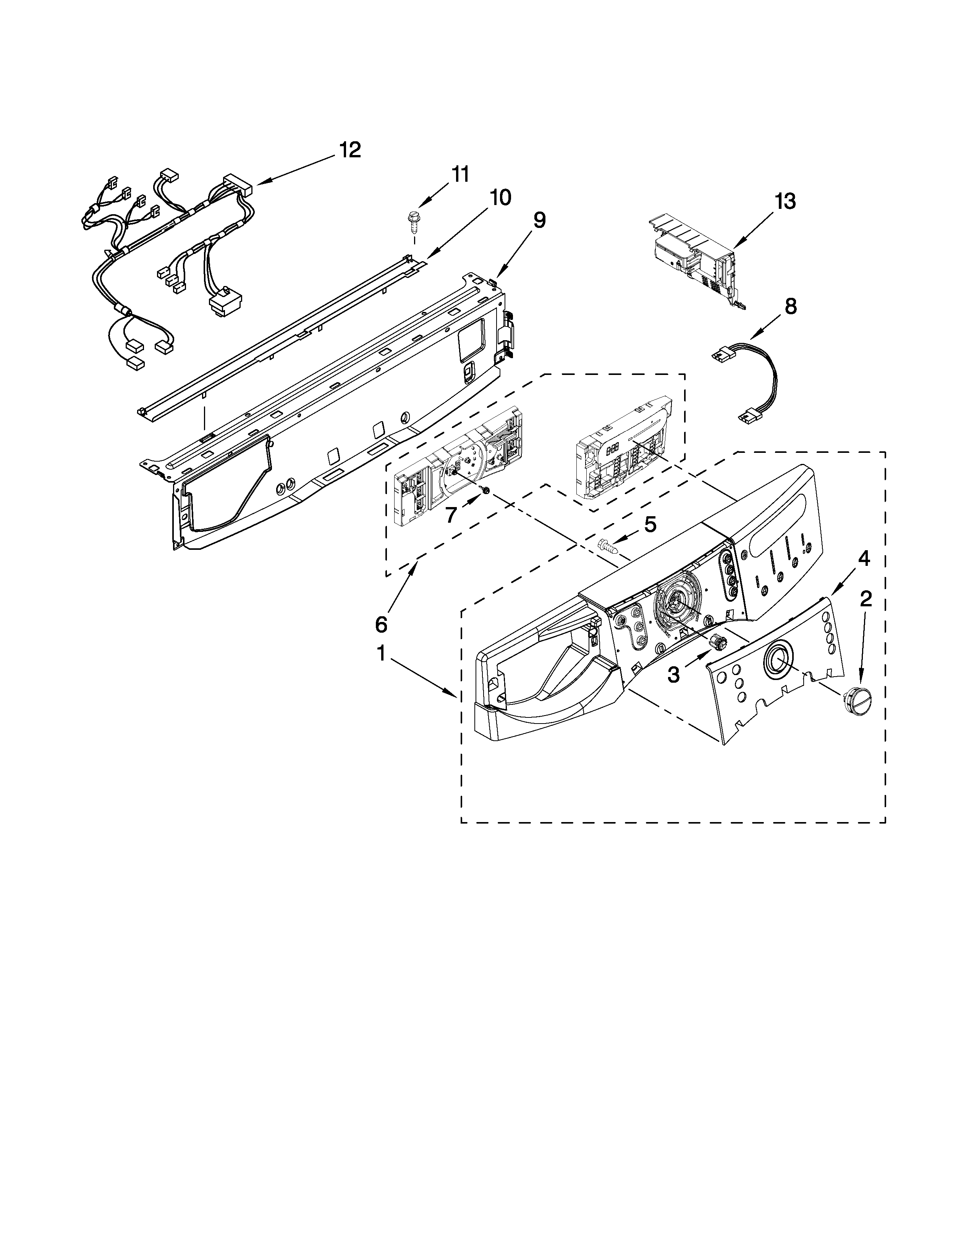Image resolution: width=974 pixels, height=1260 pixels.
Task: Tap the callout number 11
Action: tap(460, 174)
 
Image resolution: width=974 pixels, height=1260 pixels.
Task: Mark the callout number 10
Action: tap(500, 197)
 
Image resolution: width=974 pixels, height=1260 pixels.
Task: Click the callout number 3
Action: tap(673, 673)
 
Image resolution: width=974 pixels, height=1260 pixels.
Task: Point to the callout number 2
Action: tap(866, 600)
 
